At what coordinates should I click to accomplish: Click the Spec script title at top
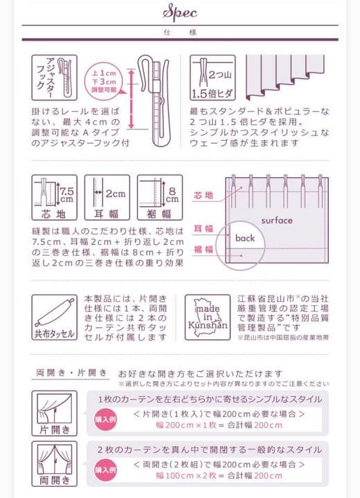tap(179, 12)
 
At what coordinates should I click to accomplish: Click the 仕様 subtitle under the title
tap(179, 33)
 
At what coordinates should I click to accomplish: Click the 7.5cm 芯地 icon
tap(52, 196)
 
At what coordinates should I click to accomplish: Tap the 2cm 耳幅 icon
tap(107, 196)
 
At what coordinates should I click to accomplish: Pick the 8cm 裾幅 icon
tap(160, 196)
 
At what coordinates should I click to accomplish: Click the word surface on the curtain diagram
tap(277, 221)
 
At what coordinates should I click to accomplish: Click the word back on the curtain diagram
tap(244, 238)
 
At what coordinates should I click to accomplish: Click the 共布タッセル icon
tap(54, 317)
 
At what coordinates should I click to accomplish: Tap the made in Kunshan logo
tap(206, 316)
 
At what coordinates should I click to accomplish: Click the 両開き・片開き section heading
tap(71, 373)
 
